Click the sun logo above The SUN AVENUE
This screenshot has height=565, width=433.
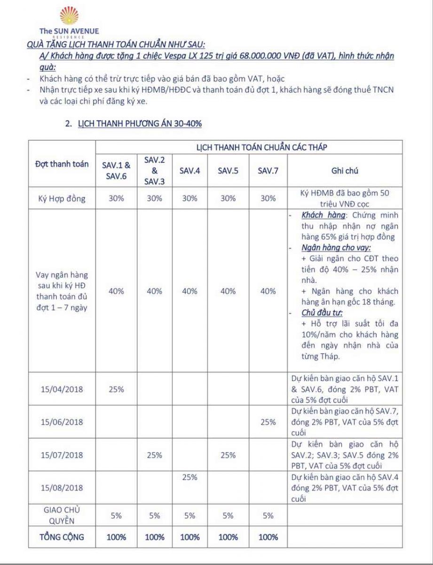click(69, 16)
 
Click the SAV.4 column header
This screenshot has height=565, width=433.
click(189, 171)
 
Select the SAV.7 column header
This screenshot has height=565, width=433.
click(268, 171)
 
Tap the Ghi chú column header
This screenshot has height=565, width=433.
click(345, 171)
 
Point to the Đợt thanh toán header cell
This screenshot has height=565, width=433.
click(62, 164)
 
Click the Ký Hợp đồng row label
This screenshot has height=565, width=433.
click(62, 198)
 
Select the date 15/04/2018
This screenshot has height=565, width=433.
click(62, 390)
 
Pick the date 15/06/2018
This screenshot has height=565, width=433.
click(62, 422)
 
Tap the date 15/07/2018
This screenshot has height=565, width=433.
click(62, 455)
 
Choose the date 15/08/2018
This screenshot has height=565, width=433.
click(62, 488)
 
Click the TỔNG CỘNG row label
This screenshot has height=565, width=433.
click(62, 537)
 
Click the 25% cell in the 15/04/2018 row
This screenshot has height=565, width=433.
click(116, 390)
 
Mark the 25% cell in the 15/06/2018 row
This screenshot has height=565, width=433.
click(268, 422)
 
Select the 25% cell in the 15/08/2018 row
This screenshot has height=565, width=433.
click(189, 478)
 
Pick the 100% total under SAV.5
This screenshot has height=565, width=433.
click(228, 537)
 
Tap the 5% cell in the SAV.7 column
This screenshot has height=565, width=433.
click(268, 516)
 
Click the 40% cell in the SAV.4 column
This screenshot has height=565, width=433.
click(189, 291)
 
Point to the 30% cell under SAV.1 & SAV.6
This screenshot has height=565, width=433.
click(116, 198)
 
